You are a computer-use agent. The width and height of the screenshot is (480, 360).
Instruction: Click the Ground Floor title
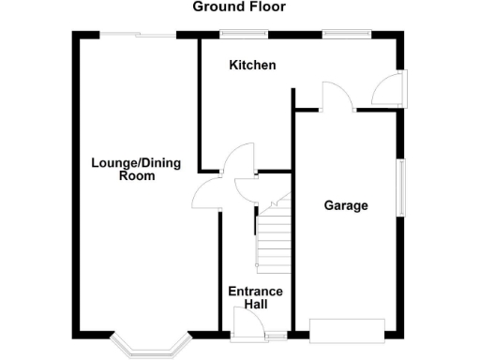[x=239, y=7]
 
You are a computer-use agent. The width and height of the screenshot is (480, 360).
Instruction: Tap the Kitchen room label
[x=253, y=66]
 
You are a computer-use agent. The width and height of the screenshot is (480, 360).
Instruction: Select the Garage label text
[x=346, y=205]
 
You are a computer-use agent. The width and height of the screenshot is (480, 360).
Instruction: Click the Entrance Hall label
[x=256, y=297]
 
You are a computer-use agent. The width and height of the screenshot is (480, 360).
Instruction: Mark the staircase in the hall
[x=274, y=237]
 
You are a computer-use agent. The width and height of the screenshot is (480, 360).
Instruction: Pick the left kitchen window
[x=243, y=36]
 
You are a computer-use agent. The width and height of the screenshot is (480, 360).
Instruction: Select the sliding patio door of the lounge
[x=138, y=36]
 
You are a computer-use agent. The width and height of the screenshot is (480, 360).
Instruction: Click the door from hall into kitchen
[x=238, y=160]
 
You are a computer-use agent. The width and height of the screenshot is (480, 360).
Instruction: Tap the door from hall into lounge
[x=204, y=193]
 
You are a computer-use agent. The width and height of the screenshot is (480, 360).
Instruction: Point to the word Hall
[x=256, y=305]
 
